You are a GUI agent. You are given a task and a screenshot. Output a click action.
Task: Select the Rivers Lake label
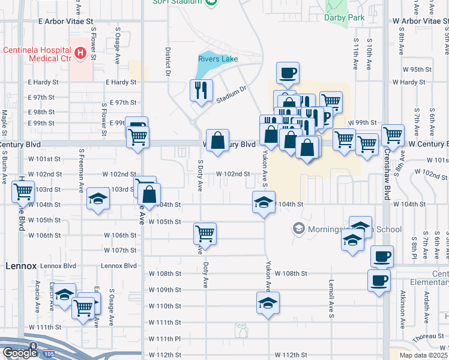tap(218, 59)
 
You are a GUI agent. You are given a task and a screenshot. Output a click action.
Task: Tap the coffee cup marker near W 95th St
tap(287, 73)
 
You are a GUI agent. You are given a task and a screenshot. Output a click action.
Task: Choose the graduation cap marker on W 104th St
tap(264, 203)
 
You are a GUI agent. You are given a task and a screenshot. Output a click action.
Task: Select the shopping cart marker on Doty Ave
tap(205, 233)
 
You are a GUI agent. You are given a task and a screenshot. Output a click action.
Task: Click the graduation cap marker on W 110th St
tap(268, 303)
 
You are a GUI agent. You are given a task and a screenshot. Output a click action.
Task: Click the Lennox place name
tap(22, 265)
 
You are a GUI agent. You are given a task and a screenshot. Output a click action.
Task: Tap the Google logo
tap(19, 353)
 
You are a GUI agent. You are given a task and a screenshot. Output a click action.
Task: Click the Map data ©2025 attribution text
tap(423, 355)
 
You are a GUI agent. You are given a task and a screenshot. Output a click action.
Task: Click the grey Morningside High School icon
tap(298, 228)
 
